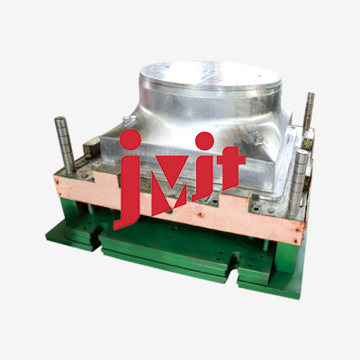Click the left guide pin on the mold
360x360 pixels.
(x=65, y=145)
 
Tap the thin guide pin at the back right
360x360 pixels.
(x=308, y=112)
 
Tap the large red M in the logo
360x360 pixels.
(x=169, y=185)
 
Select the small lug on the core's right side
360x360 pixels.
(x=257, y=137)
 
